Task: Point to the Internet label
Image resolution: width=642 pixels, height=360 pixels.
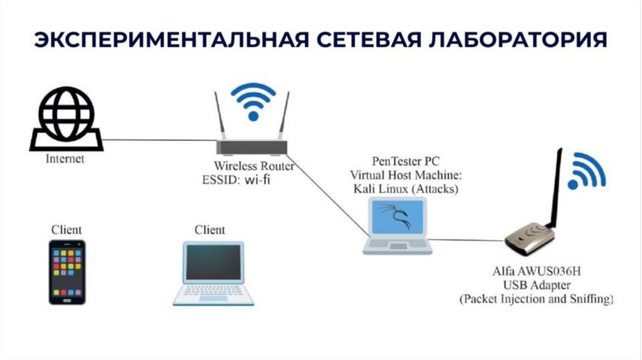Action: pyautogui.click(x=65, y=159)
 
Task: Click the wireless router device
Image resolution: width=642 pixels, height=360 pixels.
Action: pyautogui.click(x=252, y=147)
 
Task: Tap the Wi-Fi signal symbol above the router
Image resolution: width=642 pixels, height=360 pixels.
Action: pyautogui.click(x=253, y=100)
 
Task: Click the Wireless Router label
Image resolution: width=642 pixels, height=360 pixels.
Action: pyautogui.click(x=254, y=167)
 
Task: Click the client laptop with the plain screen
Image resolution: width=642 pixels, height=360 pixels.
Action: pyautogui.click(x=213, y=274)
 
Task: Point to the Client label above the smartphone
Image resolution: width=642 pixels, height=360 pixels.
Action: pyautogui.click(x=66, y=230)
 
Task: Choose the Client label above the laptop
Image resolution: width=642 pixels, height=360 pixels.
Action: pyautogui.click(x=209, y=230)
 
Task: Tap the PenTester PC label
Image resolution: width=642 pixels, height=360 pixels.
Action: pyautogui.click(x=396, y=162)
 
